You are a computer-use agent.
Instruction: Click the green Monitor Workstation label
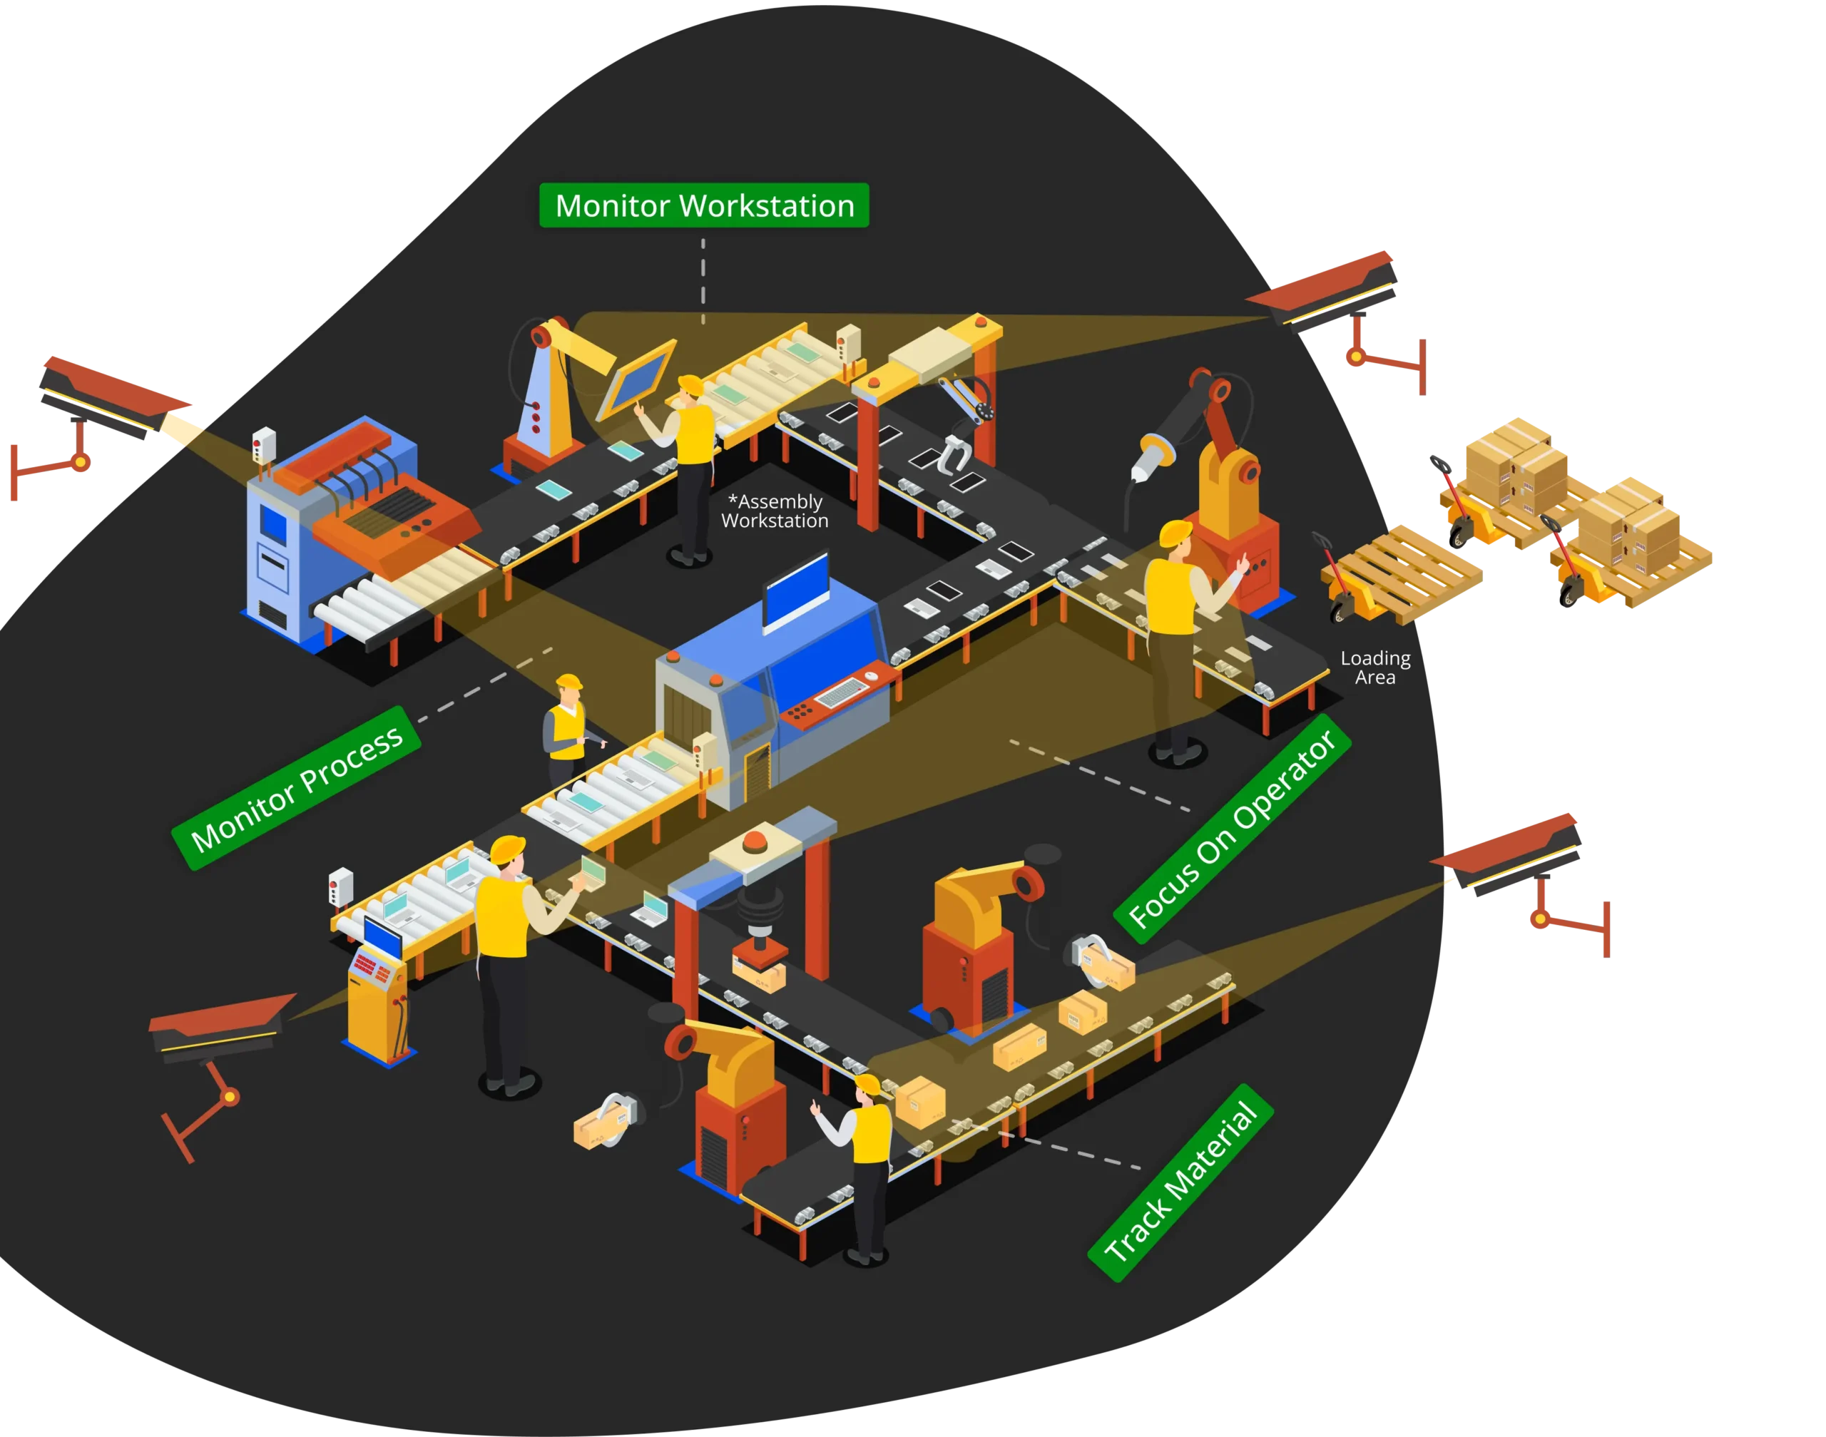703,205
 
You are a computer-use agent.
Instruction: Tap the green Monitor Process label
296,788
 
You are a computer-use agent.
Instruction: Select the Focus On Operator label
1232,829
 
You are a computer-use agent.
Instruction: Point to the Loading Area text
1375,668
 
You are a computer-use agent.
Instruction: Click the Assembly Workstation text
774,511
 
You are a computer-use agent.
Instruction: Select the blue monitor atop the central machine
796,590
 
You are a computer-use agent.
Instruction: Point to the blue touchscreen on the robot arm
637,378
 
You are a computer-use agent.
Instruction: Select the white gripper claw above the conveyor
955,455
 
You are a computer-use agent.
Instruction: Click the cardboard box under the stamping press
759,975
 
